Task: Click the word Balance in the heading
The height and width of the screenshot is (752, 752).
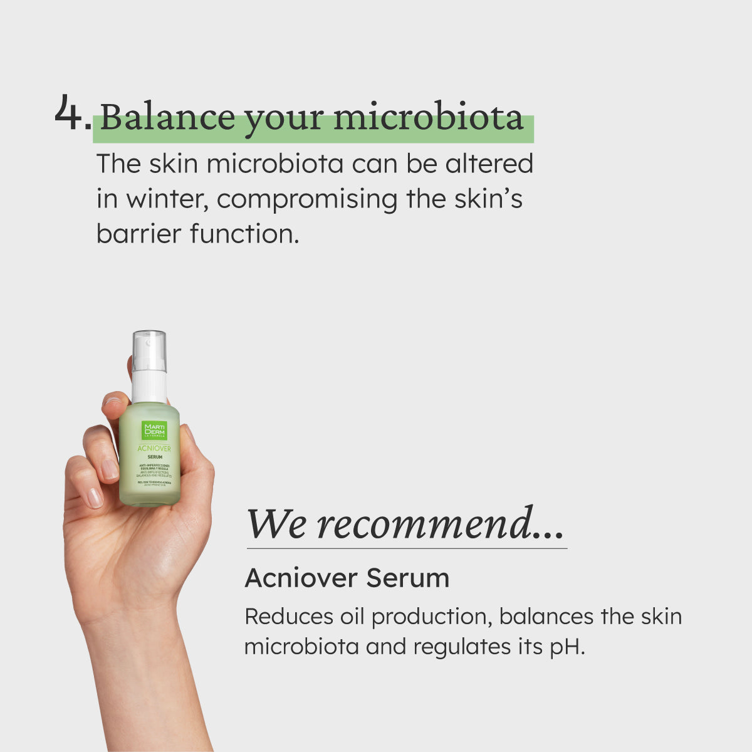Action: click(167, 117)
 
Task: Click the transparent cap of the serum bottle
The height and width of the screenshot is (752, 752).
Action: click(149, 351)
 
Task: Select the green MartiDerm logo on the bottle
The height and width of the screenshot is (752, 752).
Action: click(154, 431)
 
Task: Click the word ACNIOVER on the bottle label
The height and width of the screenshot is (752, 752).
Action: click(154, 449)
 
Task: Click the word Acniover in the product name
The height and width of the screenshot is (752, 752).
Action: click(301, 578)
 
